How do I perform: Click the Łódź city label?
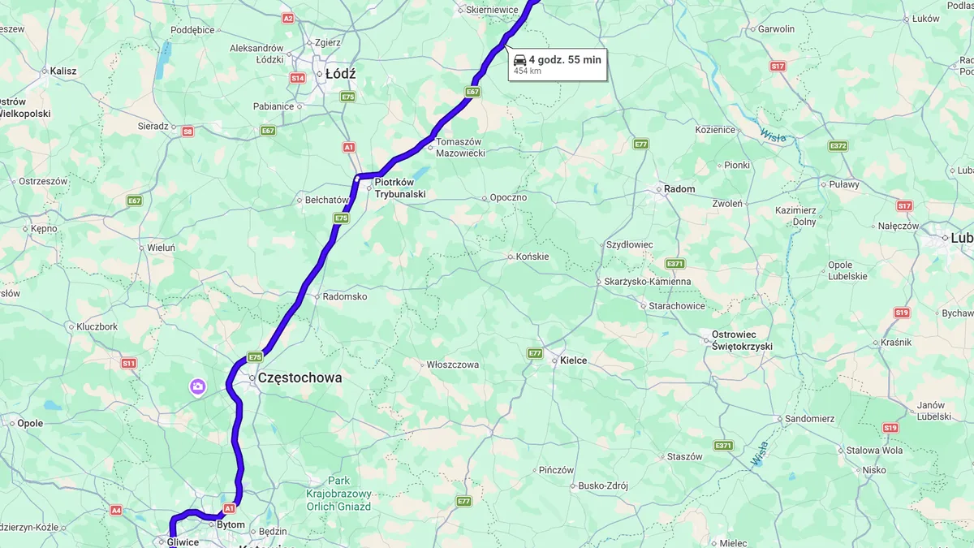point(340,74)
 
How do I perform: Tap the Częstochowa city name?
point(300,378)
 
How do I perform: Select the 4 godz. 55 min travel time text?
point(565,59)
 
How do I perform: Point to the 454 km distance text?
point(528,71)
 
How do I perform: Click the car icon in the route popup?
point(519,59)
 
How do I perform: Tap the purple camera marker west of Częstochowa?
point(197,386)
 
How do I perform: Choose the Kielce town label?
point(573,360)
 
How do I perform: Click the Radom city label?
point(679,189)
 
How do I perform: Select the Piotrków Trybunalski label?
point(399,188)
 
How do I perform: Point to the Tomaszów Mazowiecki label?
point(459,147)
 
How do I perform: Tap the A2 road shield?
point(287,18)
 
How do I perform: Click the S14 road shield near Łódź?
point(297,78)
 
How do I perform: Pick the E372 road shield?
point(838,146)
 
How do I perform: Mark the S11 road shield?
point(128,363)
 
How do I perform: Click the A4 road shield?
point(116,510)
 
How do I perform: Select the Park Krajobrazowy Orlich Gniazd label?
point(338,494)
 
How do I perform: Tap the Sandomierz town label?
point(810,419)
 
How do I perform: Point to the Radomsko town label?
point(344,296)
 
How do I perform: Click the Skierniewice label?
point(492,10)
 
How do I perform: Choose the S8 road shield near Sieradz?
point(187,131)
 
